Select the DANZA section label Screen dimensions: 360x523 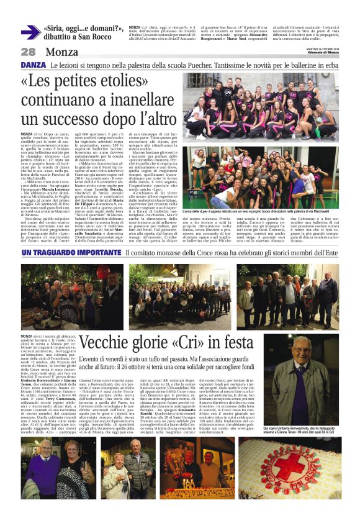tap(33, 65)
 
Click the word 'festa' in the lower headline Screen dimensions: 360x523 tap(231, 342)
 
